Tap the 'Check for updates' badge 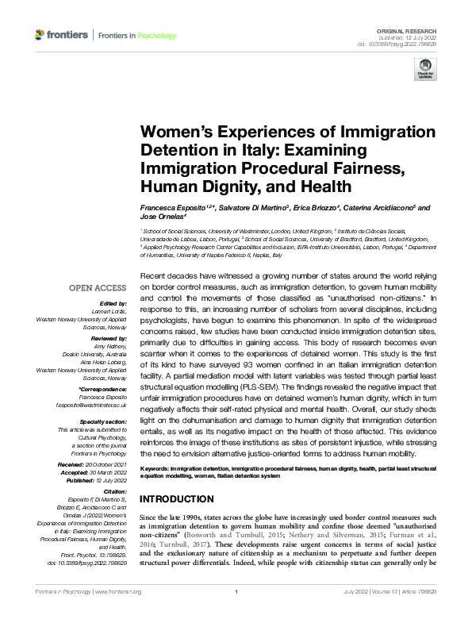[x=425, y=71]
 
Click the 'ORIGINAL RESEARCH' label [x=412, y=29]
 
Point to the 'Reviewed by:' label [x=109, y=336]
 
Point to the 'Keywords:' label [x=157, y=471]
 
